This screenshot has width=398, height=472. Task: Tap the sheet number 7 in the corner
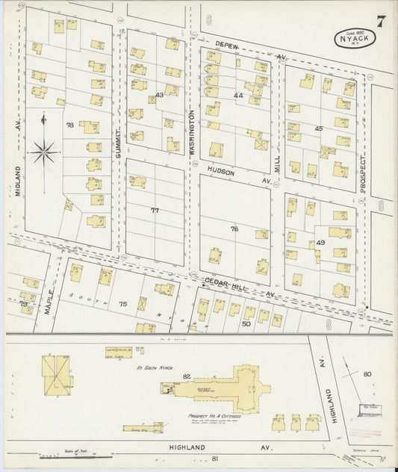pos(381,20)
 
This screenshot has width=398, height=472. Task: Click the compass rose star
pos(45,153)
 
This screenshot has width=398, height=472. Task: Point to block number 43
pos(159,95)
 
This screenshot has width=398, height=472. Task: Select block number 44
pos(238,96)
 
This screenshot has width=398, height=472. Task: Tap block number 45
pos(319,128)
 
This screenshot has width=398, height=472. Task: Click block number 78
pos(70,125)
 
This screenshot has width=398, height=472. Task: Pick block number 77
pos(155,211)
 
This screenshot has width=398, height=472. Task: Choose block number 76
pos(234,229)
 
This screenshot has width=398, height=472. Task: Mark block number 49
pos(320,243)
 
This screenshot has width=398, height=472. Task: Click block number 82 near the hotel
pos(187,376)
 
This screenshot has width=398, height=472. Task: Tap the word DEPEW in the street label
pos(227,46)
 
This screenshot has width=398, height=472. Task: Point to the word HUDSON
pos(221,172)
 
